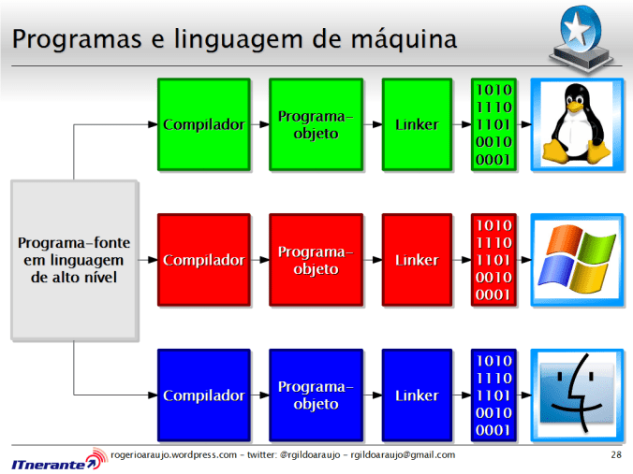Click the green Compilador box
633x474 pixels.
[203, 124]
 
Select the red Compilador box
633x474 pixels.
[203, 260]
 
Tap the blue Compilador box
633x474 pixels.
[203, 395]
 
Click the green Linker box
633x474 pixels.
[417, 124]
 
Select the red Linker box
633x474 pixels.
[417, 260]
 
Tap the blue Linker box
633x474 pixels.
[417, 395]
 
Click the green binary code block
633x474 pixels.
[493, 124]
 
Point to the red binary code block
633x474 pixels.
[493, 260]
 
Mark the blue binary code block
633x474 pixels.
[493, 395]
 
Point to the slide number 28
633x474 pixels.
[615, 455]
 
